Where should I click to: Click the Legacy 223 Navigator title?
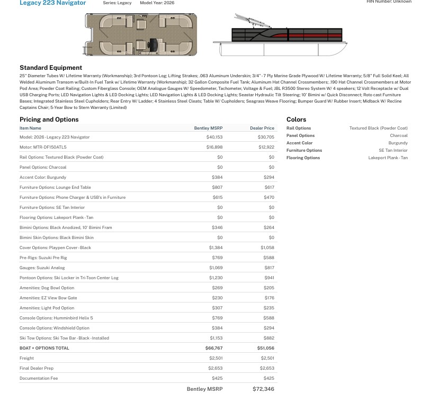click(x=52, y=3)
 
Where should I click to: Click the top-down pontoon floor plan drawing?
click(x=140, y=35)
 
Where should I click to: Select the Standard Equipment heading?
click(x=51, y=68)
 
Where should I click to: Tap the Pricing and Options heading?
click(x=49, y=120)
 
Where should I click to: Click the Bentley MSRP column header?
click(x=208, y=128)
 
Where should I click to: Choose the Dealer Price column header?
click(x=262, y=128)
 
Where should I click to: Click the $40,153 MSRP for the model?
click(x=214, y=137)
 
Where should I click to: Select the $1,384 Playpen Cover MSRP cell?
click(x=216, y=248)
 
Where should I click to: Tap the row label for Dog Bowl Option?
click(x=47, y=288)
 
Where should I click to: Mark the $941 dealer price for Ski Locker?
click(x=269, y=278)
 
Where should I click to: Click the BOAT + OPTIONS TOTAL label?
click(x=44, y=348)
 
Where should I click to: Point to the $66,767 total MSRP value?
click(x=214, y=348)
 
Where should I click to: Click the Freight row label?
click(x=26, y=358)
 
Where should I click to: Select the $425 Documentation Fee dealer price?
click(x=268, y=378)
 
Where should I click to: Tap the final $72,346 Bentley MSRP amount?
click(x=263, y=389)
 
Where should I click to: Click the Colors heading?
click(x=296, y=120)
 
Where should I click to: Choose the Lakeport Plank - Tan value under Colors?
click(x=388, y=158)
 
